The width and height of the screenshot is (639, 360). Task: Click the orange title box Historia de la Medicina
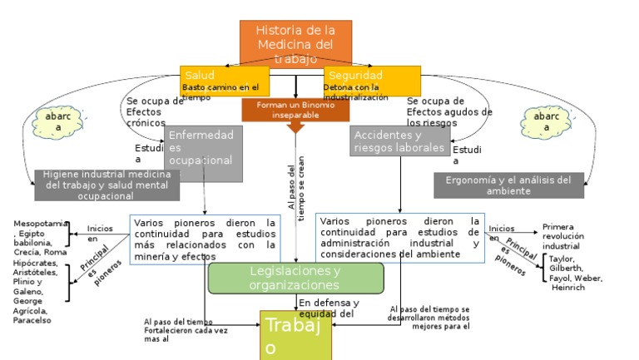click(295, 42)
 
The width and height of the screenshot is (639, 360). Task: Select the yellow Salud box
click(218, 80)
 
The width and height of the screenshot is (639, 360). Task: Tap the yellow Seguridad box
click(372, 80)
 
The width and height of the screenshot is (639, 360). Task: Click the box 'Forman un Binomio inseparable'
click(295, 110)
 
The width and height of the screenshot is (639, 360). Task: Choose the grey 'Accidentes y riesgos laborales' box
click(399, 141)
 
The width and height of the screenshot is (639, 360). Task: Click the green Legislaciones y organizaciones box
click(295, 278)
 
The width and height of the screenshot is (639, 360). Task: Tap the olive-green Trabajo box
click(295, 336)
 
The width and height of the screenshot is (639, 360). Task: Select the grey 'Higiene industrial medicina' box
click(106, 185)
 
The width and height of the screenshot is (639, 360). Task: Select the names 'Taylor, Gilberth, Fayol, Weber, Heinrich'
click(575, 273)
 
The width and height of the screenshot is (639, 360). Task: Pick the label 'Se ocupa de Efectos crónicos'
click(154, 111)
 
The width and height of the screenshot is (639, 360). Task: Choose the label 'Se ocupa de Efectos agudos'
click(449, 111)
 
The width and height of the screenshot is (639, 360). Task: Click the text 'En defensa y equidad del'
click(329, 308)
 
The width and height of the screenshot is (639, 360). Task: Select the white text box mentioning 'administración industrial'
click(399, 237)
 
